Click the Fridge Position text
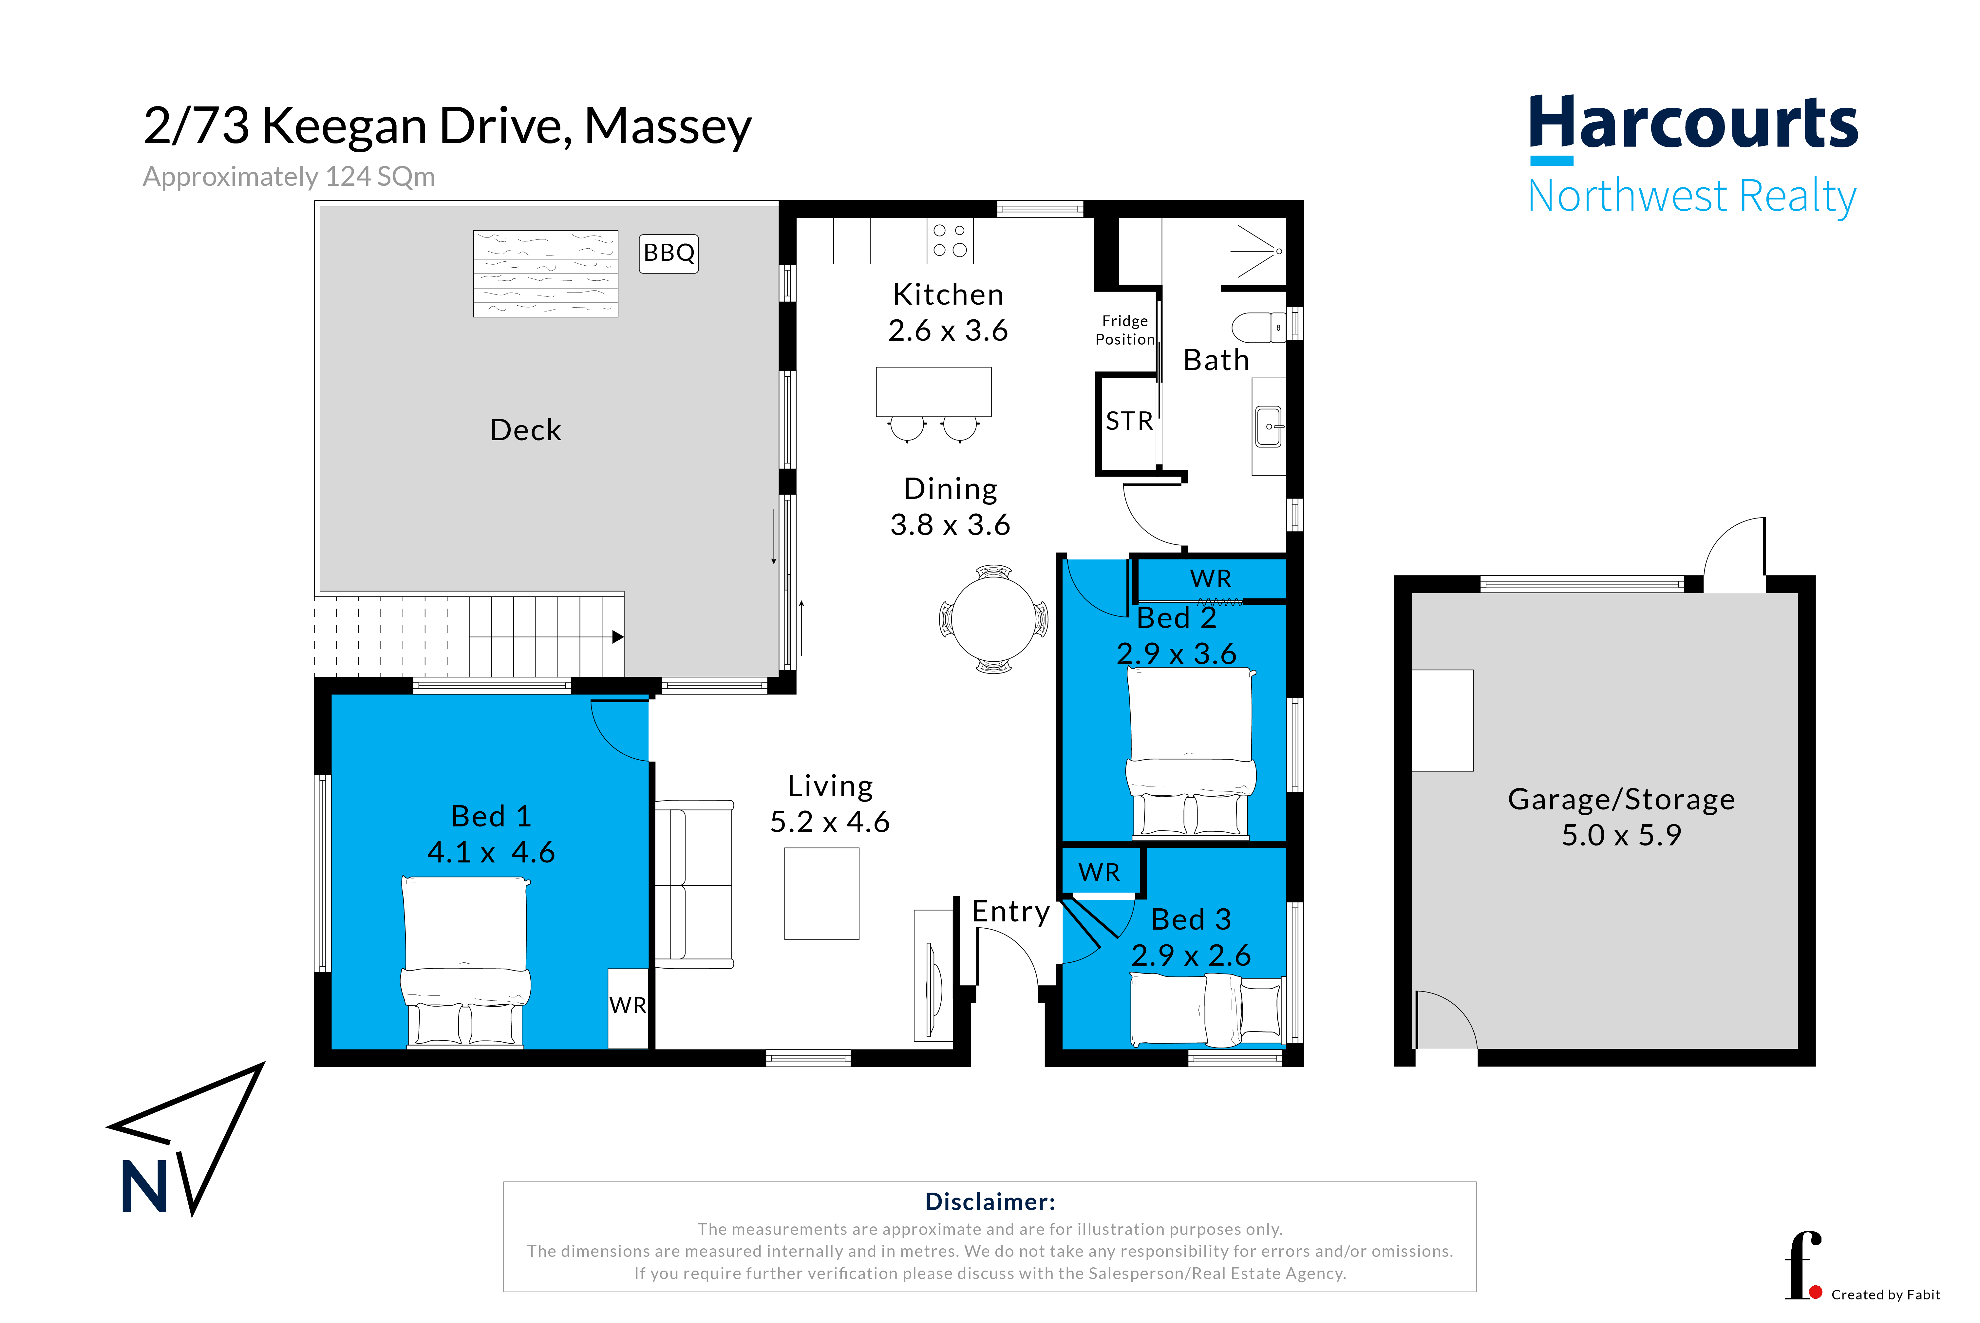click(x=1124, y=330)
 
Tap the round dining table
click(x=994, y=618)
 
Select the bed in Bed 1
click(x=465, y=962)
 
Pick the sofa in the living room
click(x=693, y=884)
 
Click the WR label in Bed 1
click(x=628, y=1005)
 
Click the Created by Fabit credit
click(x=1886, y=1294)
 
